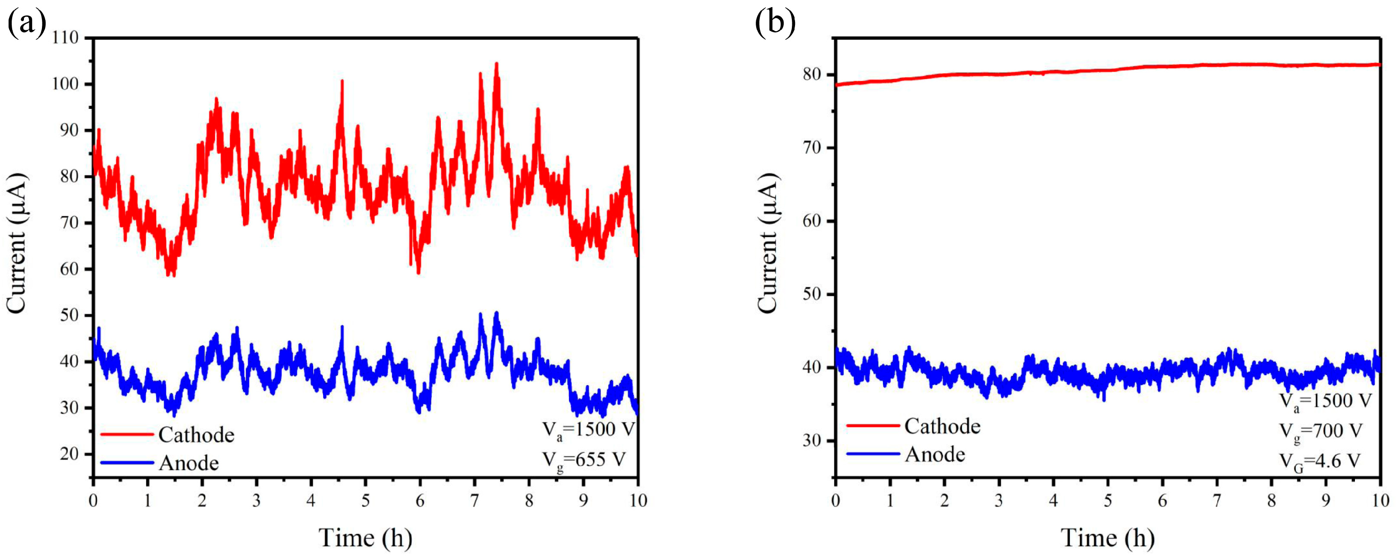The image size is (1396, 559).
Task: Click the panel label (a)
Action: (26, 24)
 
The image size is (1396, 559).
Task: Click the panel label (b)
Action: (775, 24)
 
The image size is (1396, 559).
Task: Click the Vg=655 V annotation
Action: (584, 460)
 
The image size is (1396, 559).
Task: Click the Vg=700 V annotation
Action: (1321, 432)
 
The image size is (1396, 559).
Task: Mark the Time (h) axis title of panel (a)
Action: (365, 538)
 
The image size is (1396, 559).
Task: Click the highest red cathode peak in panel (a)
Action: (496, 65)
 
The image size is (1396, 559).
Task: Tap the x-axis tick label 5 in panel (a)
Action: (366, 500)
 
